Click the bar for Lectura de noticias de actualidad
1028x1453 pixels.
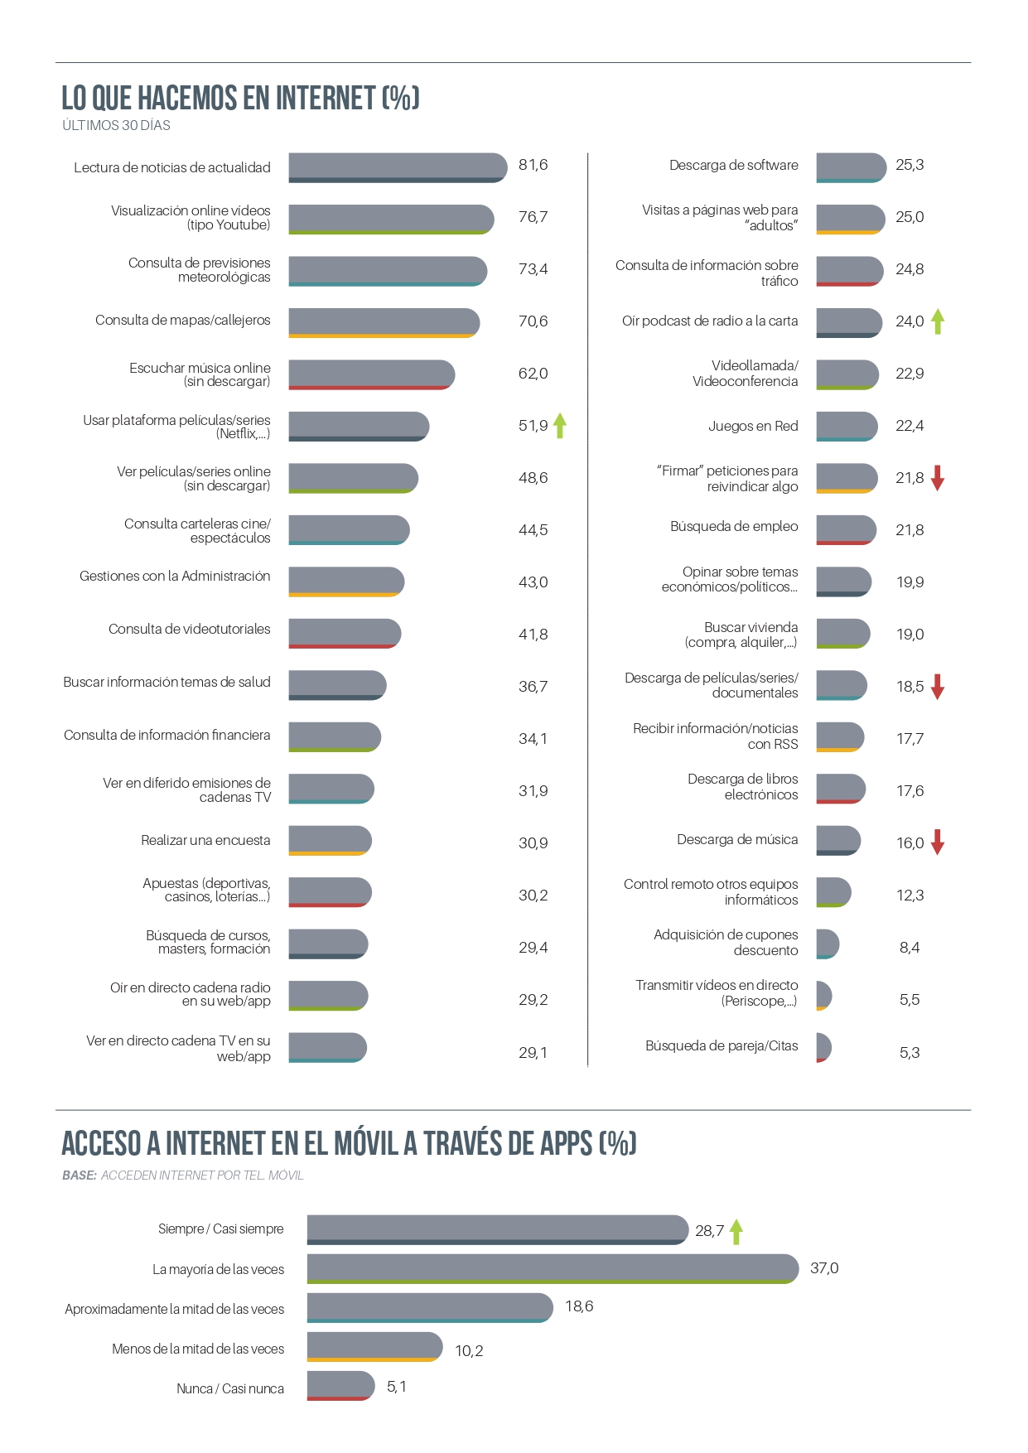click(x=398, y=167)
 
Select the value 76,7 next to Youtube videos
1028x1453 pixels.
click(x=533, y=217)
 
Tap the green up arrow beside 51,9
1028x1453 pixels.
click(x=560, y=425)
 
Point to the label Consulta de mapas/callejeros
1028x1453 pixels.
click(x=182, y=321)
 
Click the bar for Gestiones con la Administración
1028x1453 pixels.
click(x=346, y=582)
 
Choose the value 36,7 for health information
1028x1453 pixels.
click(x=533, y=687)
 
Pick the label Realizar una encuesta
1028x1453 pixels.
click(x=205, y=841)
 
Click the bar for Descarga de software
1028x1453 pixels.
click(x=851, y=167)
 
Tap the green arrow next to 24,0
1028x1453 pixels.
click(x=938, y=321)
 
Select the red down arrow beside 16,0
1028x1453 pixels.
click(x=938, y=842)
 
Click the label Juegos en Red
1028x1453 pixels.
click(x=753, y=427)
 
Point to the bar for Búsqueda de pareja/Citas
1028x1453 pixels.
click(x=823, y=1047)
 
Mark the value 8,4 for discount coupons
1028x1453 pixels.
click(x=910, y=948)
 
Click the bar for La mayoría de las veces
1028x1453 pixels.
click(x=553, y=1268)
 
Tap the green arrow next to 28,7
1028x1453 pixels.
click(x=736, y=1231)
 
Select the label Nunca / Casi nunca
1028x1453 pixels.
click(x=230, y=1389)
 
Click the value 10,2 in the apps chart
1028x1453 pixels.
click(x=469, y=1351)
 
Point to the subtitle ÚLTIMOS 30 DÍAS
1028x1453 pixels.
click(x=116, y=126)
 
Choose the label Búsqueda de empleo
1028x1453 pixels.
click(x=734, y=527)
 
